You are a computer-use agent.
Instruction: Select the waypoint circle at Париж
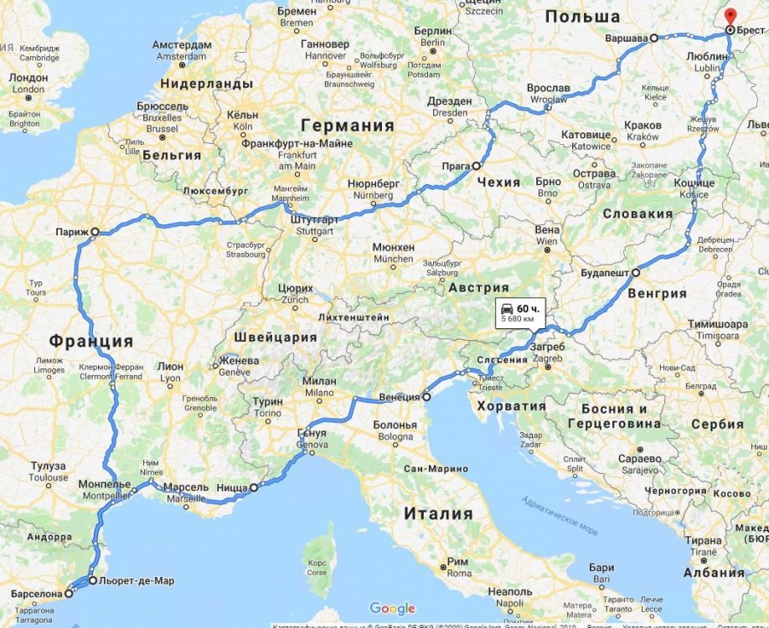[95, 231]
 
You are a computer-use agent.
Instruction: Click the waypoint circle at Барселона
[69, 593]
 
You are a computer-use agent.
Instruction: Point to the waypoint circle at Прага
[477, 166]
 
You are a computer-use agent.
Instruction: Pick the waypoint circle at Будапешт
[636, 273]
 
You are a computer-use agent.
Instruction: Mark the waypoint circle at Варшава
[654, 38]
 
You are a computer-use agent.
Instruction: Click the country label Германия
[348, 126]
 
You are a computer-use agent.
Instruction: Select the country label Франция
[90, 341]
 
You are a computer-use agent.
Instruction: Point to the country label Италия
[438, 513]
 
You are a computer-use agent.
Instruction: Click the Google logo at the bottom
[392, 609]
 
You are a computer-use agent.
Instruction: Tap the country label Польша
[582, 17]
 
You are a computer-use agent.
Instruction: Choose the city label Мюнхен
[394, 248]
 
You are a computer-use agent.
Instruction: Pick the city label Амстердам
[182, 44]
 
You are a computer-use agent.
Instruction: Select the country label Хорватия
[511, 406]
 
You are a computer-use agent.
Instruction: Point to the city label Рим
[457, 562]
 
